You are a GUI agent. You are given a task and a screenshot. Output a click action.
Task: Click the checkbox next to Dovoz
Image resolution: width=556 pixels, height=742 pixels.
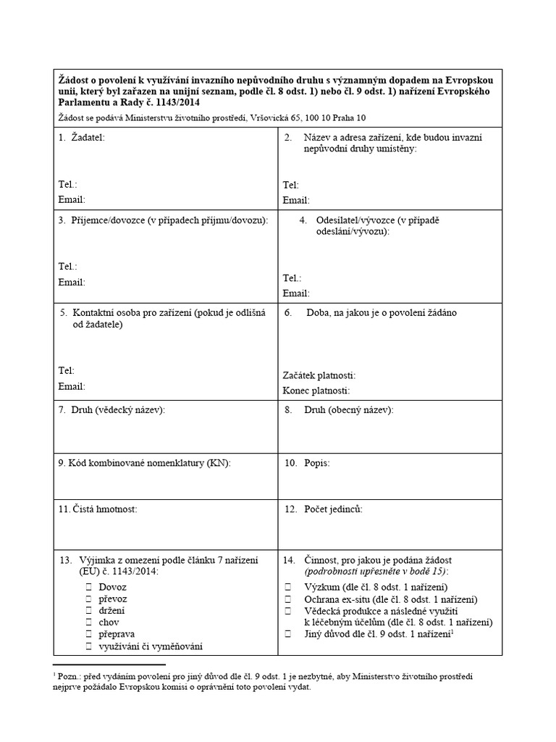click(x=89, y=587)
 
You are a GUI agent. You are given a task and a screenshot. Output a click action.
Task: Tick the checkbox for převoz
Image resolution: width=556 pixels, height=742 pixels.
click(x=89, y=599)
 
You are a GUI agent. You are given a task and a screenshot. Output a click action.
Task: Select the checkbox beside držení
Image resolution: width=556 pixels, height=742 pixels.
click(x=89, y=610)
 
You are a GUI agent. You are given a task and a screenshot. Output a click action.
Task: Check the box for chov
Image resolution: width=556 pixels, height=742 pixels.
click(x=89, y=622)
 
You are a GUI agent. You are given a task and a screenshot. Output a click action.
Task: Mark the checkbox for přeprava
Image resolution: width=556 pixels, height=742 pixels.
click(x=89, y=634)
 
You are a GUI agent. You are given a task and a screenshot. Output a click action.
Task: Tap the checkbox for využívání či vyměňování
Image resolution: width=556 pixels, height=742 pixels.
click(x=89, y=646)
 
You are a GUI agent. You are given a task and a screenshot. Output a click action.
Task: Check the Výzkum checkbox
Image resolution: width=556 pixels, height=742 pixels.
click(x=288, y=587)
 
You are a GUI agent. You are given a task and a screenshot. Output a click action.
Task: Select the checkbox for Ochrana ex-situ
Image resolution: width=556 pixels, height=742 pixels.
click(x=288, y=599)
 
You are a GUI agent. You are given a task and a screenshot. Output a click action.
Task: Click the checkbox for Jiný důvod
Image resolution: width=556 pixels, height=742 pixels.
click(x=288, y=634)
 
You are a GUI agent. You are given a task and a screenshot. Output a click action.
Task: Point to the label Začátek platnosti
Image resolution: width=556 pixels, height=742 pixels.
click(x=319, y=375)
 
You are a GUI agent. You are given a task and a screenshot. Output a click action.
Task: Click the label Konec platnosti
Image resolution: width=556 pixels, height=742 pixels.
click(x=316, y=391)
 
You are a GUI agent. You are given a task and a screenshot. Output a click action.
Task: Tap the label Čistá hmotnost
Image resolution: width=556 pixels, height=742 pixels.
click(x=98, y=509)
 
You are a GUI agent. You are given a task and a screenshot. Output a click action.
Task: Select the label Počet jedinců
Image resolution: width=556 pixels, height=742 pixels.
click(x=334, y=509)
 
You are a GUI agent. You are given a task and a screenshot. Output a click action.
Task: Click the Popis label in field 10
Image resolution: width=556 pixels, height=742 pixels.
click(x=317, y=462)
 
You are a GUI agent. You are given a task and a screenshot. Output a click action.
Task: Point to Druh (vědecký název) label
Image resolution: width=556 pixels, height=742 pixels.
click(x=118, y=410)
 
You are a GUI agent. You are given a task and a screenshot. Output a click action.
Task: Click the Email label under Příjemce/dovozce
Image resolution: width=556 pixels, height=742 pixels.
click(x=72, y=282)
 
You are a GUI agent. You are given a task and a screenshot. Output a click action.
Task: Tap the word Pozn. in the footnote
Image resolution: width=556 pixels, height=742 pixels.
click(x=69, y=676)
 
